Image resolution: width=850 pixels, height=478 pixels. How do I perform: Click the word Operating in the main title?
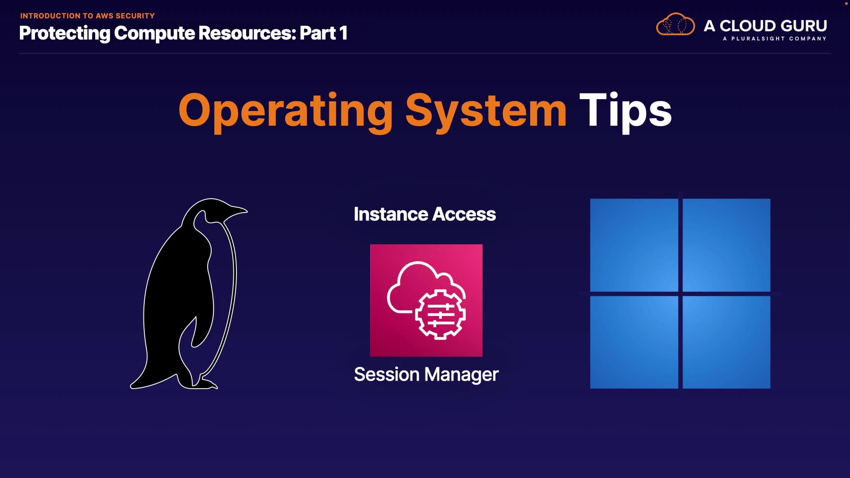[286, 112]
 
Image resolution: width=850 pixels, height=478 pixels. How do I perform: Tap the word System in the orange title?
[486, 112]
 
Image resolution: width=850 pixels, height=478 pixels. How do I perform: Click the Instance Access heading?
[425, 214]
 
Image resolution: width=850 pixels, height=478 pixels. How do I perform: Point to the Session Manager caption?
[426, 374]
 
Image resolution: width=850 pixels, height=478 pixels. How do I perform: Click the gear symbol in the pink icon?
[440, 314]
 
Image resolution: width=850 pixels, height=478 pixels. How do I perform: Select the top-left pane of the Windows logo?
[634, 245]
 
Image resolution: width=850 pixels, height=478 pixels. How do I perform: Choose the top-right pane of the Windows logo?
[726, 245]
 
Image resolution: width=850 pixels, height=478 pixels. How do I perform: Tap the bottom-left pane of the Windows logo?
[634, 342]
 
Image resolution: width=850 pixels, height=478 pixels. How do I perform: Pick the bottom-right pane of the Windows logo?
[726, 342]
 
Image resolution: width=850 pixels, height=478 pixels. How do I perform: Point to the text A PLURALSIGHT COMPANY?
[775, 39]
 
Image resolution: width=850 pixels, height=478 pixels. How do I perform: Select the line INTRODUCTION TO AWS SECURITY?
[87, 16]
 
